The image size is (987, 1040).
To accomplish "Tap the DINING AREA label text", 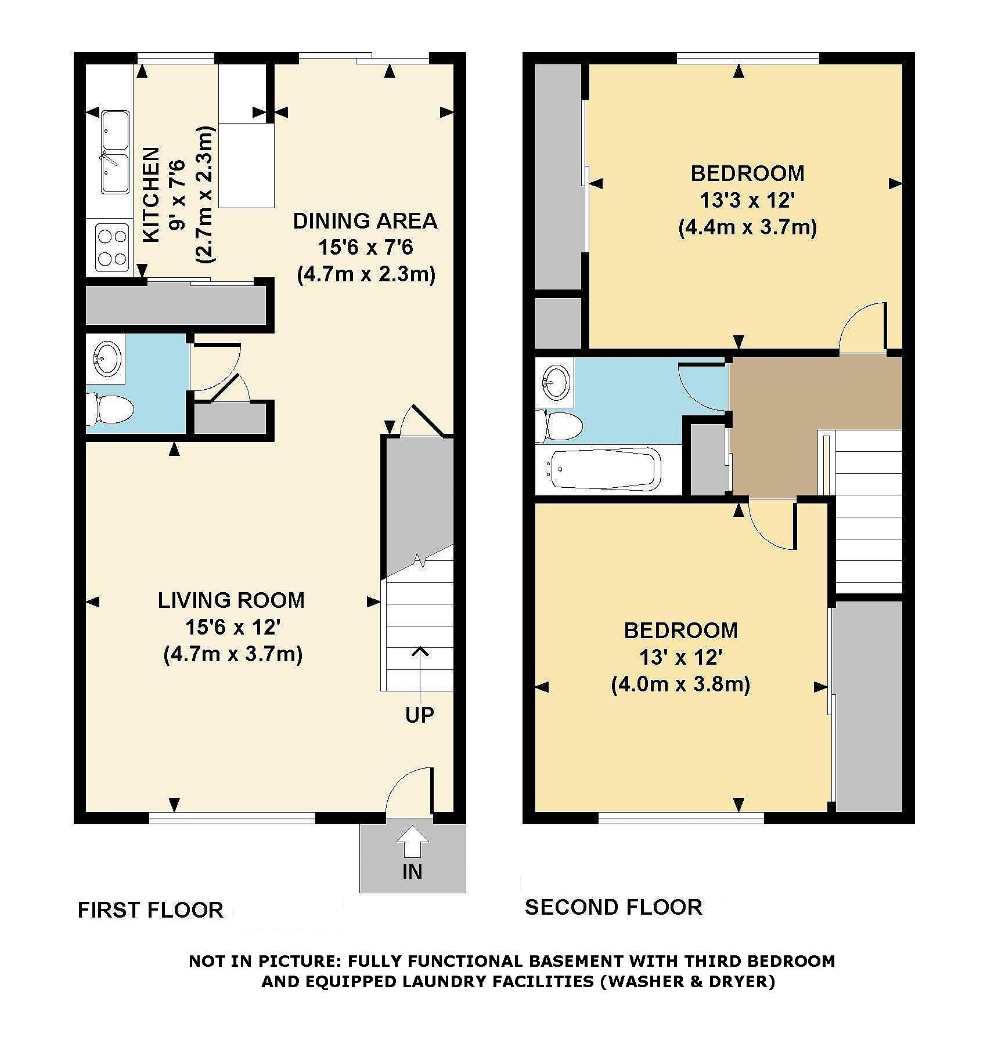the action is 365,221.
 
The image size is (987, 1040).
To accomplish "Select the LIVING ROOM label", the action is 232,600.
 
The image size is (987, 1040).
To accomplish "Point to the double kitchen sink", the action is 116,153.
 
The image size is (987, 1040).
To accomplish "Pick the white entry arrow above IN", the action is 412,840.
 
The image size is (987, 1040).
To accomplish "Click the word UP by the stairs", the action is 420,715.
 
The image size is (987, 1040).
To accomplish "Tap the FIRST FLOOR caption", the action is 151,910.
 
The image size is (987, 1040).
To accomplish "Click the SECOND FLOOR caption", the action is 614,907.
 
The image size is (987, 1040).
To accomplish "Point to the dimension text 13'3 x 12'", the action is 747,201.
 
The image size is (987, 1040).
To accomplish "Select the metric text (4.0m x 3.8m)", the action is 680,685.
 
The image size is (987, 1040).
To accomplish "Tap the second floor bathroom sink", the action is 556,383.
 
